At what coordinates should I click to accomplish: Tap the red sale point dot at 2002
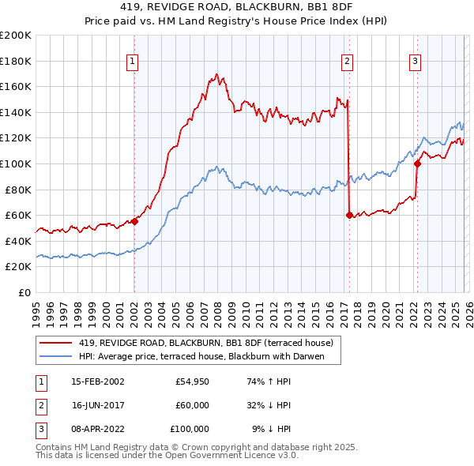(134, 222)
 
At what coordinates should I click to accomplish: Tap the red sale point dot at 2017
(348, 215)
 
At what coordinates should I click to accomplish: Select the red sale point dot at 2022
(416, 163)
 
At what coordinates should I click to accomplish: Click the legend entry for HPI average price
(209, 356)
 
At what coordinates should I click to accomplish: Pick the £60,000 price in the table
(192, 405)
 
